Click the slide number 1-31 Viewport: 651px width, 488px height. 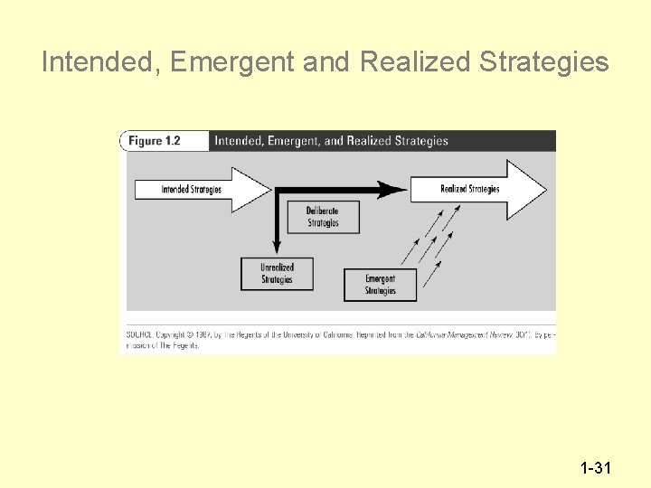click(597, 468)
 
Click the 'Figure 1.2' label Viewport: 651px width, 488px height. click(154, 141)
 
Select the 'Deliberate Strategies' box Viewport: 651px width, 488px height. click(322, 217)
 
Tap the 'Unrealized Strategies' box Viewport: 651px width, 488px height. click(278, 274)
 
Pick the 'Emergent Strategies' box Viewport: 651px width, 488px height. click(381, 285)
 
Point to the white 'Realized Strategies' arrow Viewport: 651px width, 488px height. click(479, 189)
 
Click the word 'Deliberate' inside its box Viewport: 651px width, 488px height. click(323, 211)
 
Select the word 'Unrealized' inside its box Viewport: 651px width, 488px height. click(278, 267)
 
